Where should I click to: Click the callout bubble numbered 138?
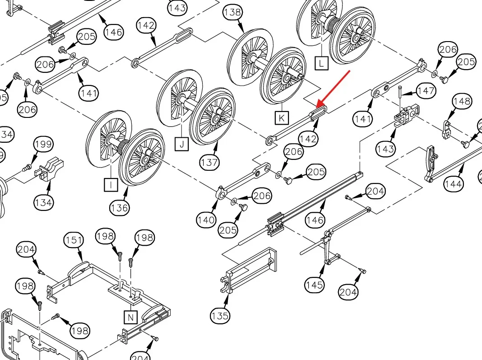pyautogui.click(x=232, y=12)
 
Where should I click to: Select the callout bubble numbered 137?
pyautogui.click(x=209, y=162)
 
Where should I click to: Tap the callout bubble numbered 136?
pyautogui.click(x=119, y=208)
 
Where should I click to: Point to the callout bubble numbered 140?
pyautogui.click(x=206, y=220)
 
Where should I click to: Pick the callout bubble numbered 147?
pyautogui.click(x=426, y=91)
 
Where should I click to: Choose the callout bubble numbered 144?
pyautogui.click(x=453, y=184)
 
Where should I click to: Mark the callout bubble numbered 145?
pyautogui.click(x=314, y=285)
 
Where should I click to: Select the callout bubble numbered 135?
pyautogui.click(x=220, y=316)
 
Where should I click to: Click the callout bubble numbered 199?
pyautogui.click(x=44, y=145)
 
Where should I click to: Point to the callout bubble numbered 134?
pyautogui.click(x=43, y=203)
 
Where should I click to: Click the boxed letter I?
pyautogui.click(x=110, y=184)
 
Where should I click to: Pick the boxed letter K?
pyautogui.click(x=282, y=118)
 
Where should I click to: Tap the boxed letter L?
pyautogui.click(x=321, y=63)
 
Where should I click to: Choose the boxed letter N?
pyautogui.click(x=130, y=317)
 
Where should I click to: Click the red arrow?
pyautogui.click(x=333, y=87)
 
